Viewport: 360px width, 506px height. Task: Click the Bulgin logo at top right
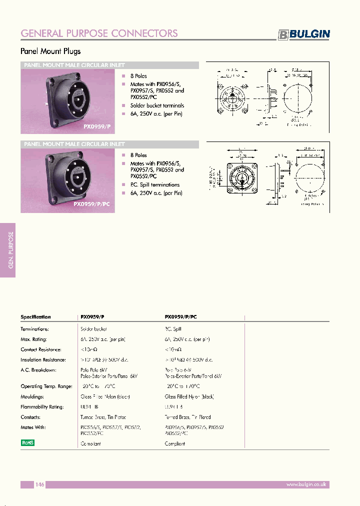pyautogui.click(x=304, y=34)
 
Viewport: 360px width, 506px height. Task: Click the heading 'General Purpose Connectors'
pyautogui.click(x=99, y=33)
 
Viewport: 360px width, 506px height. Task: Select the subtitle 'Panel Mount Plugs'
pyautogui.click(x=50, y=51)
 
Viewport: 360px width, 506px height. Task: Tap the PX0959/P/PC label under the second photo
pyautogui.click(x=93, y=204)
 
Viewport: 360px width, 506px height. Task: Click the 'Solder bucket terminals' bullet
pyautogui.click(x=157, y=105)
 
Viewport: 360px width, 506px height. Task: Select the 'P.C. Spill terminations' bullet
pyautogui.click(x=154, y=184)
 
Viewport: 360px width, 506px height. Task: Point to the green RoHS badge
pyautogui.click(x=27, y=442)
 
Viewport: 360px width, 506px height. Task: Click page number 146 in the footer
pyautogui.click(x=40, y=484)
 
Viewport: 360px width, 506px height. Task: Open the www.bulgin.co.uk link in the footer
pyautogui.click(x=306, y=484)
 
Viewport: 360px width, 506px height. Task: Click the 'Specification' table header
pyautogui.click(x=35, y=317)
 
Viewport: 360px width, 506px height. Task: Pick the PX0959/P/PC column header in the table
pyautogui.click(x=180, y=317)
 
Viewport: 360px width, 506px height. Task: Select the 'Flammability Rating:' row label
pyautogui.click(x=42, y=407)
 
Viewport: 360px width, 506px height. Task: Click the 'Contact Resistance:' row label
pyautogui.click(x=41, y=349)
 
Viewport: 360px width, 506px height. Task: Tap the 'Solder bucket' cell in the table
pyautogui.click(x=93, y=329)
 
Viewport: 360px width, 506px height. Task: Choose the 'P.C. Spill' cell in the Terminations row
pyautogui.click(x=173, y=329)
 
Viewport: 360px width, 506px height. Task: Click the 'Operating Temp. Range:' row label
pyautogui.click(x=46, y=386)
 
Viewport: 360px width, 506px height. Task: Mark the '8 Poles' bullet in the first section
pyautogui.click(x=138, y=76)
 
